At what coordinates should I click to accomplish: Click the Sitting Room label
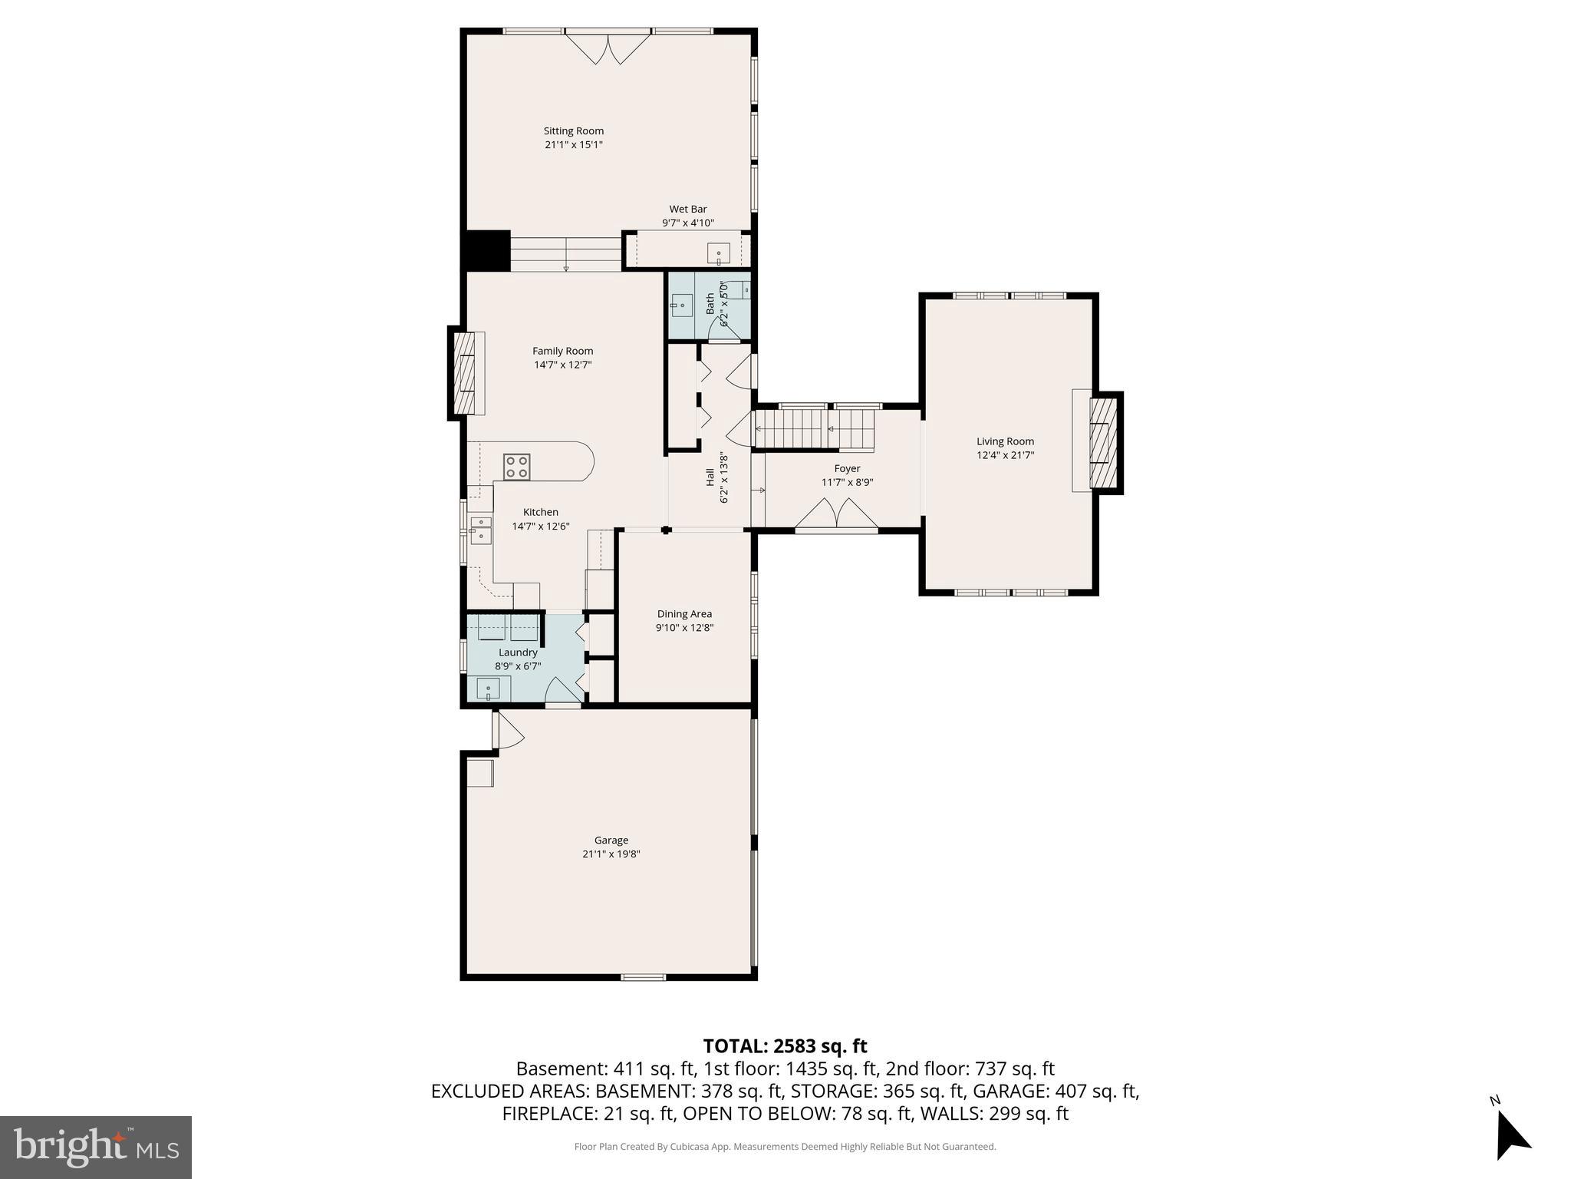(x=573, y=131)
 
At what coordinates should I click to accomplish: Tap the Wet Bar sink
(x=718, y=253)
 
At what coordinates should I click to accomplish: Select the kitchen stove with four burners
(x=516, y=467)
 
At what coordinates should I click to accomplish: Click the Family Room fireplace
(x=465, y=373)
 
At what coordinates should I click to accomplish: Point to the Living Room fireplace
(x=1102, y=443)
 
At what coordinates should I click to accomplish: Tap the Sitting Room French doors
(x=608, y=48)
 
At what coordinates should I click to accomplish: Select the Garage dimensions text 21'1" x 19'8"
(x=611, y=854)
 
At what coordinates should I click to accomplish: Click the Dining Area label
(x=684, y=613)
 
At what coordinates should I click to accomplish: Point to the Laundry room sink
(x=488, y=688)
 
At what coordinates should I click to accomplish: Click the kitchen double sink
(x=480, y=530)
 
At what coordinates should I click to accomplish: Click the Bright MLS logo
(x=96, y=1148)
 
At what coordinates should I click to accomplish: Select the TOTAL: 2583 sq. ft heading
(x=785, y=1045)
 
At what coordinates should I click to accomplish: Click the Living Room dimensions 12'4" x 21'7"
(x=1005, y=455)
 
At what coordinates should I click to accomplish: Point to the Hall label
(x=710, y=477)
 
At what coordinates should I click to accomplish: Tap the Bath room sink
(x=680, y=305)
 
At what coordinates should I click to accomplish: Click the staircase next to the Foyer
(x=815, y=428)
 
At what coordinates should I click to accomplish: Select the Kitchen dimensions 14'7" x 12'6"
(x=540, y=526)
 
